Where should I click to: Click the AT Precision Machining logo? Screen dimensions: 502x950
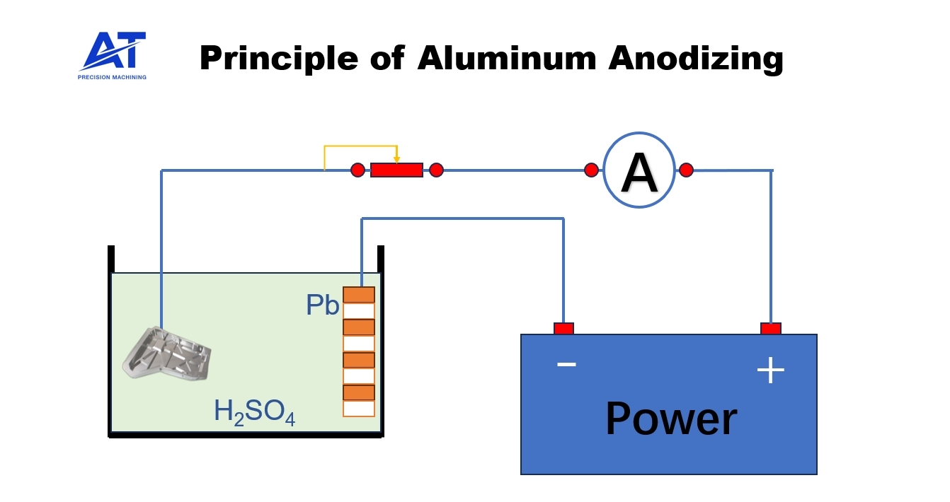[x=113, y=55]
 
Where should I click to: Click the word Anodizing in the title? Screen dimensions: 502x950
[x=696, y=58]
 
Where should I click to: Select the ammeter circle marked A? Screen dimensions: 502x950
[x=639, y=170]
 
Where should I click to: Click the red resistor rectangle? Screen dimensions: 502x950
[x=396, y=170]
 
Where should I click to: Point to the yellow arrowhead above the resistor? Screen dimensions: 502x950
[x=397, y=158]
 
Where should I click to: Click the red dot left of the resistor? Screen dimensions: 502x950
[x=358, y=170]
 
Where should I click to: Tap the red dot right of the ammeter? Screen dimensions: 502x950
[x=686, y=170]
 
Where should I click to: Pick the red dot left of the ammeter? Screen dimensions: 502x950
[x=591, y=170]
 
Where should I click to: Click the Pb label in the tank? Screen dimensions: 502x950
[x=323, y=305]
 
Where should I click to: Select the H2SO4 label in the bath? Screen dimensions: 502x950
[x=254, y=412]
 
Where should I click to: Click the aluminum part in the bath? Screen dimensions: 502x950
[x=166, y=351]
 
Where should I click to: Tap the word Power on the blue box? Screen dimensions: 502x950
[x=670, y=419]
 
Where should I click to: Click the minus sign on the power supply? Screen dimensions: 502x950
[x=566, y=364]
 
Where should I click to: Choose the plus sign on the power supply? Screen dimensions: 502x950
[x=771, y=370]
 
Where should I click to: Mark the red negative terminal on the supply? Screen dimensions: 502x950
[x=563, y=329]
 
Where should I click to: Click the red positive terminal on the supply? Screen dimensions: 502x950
[x=771, y=329]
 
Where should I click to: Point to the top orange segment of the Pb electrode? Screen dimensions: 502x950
[x=359, y=295]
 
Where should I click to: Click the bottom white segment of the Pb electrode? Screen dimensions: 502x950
[x=359, y=409]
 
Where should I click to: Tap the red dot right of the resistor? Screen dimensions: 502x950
[x=436, y=170]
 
